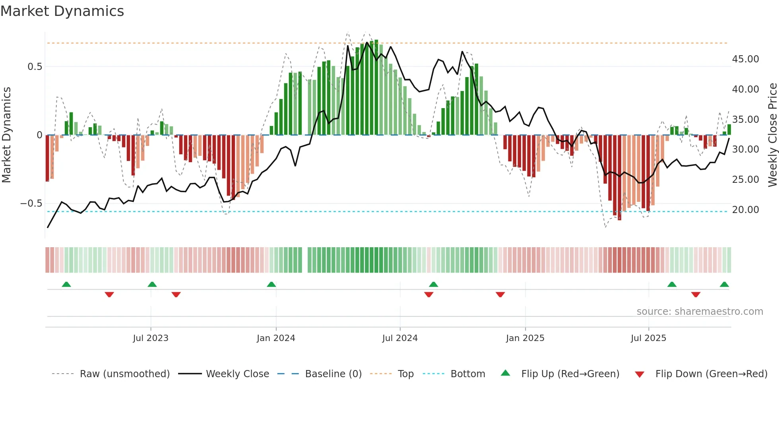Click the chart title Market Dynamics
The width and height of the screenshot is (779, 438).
62,11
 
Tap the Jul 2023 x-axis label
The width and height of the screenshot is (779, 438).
151,338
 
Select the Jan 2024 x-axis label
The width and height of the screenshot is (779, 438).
276,338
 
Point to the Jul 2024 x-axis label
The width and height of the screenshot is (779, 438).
400,338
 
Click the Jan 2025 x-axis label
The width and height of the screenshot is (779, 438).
525,338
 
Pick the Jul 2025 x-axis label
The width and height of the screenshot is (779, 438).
648,338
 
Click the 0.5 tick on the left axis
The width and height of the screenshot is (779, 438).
35,67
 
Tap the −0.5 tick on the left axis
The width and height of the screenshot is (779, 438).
31,203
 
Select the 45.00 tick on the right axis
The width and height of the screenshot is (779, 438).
745,59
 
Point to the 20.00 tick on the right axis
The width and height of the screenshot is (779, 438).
745,210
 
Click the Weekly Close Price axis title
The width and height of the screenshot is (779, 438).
772,135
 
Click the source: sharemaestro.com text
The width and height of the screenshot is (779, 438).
700,312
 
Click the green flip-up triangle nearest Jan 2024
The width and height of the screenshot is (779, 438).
271,285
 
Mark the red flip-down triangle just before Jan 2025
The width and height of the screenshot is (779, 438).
500,295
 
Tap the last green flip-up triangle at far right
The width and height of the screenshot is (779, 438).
724,285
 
